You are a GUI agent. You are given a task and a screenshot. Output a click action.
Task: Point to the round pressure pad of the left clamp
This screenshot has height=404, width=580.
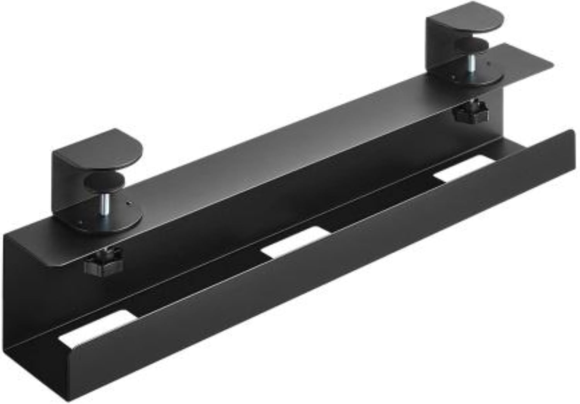click(x=106, y=181)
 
